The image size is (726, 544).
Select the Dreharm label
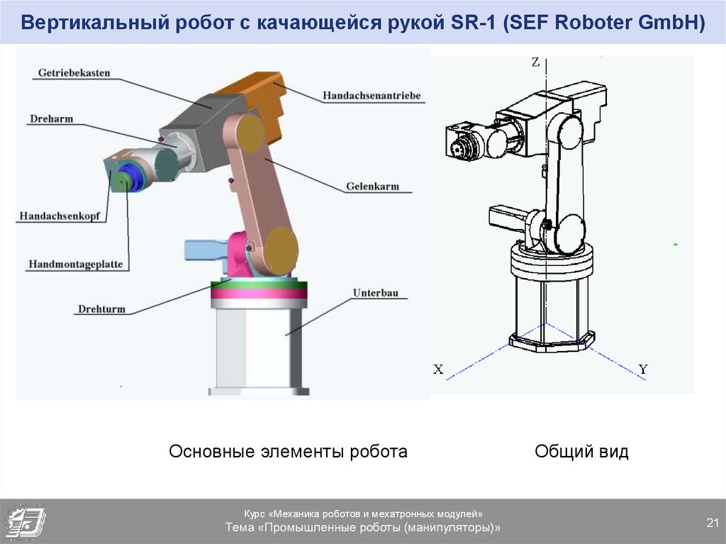[51, 118]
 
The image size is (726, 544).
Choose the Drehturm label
[101, 309]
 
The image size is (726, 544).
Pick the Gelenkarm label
[372, 187]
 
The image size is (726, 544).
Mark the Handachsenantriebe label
[372, 95]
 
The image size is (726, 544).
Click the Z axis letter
[535, 62]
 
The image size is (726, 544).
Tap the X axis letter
[438, 369]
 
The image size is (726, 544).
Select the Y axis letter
[642, 369]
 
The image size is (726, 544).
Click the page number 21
[713, 523]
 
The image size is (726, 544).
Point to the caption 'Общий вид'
[581, 451]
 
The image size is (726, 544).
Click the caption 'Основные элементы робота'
[288, 451]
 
